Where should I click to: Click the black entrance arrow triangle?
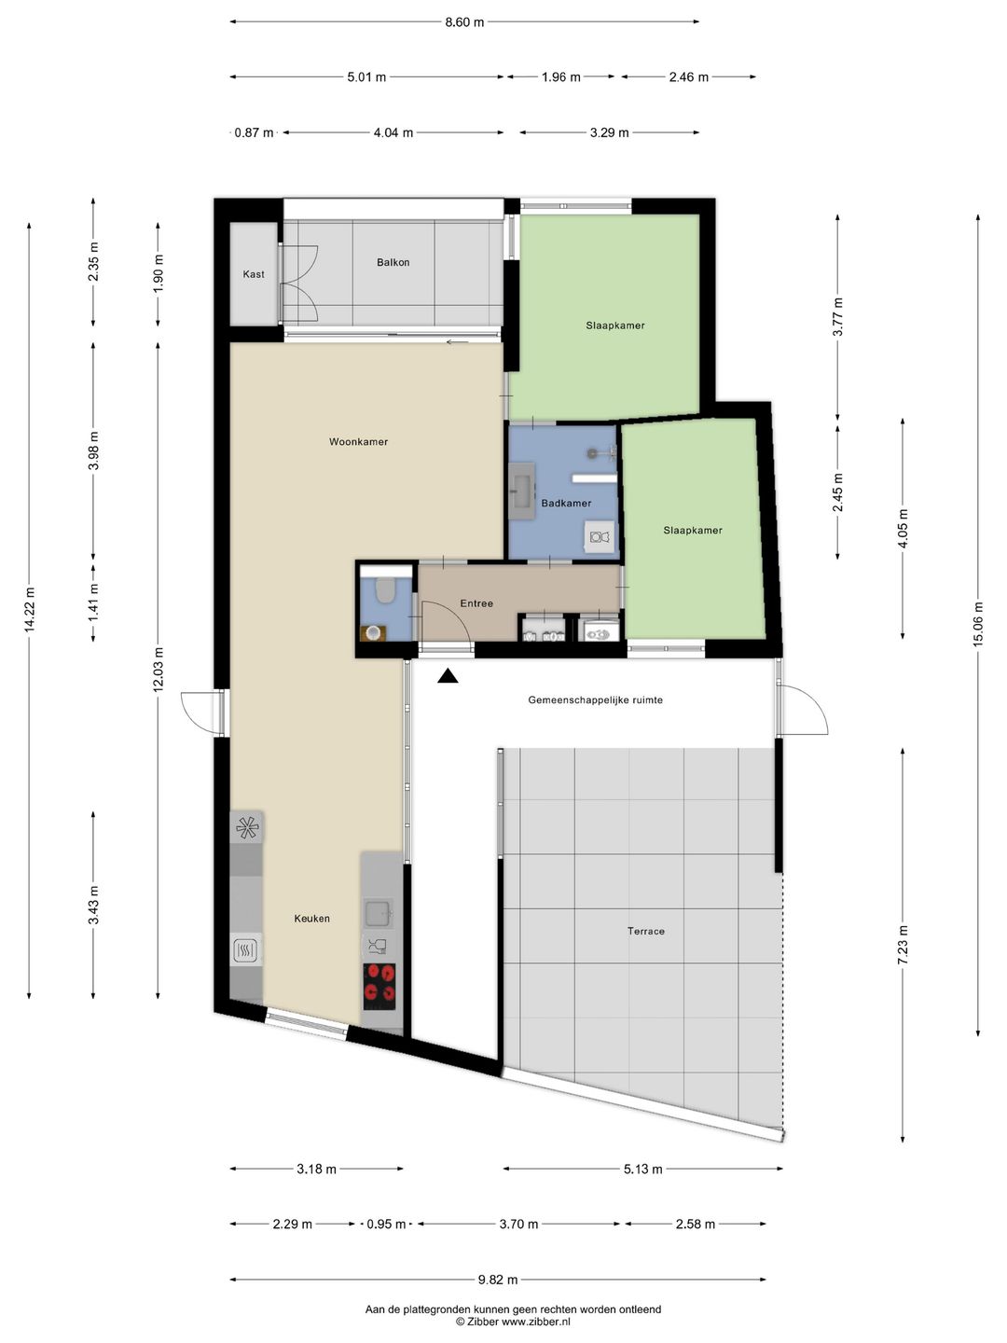click(x=448, y=675)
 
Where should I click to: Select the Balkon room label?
click(x=393, y=262)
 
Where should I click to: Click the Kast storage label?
click(x=253, y=274)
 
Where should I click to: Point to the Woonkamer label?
click(x=358, y=442)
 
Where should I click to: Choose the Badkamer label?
click(x=566, y=504)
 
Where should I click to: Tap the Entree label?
click(x=476, y=603)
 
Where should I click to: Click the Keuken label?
click(x=311, y=919)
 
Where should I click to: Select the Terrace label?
click(x=645, y=931)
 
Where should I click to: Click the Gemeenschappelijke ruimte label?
click(x=596, y=700)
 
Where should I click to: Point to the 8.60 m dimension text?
click(x=464, y=22)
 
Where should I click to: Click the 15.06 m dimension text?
click(x=978, y=624)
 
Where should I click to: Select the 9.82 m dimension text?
click(x=498, y=1279)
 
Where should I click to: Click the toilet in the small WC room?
click(x=384, y=590)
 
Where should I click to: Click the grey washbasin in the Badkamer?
click(x=522, y=491)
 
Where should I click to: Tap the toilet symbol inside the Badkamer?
click(x=600, y=536)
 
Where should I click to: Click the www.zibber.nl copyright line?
click(x=513, y=1322)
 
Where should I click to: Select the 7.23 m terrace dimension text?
click(x=904, y=946)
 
